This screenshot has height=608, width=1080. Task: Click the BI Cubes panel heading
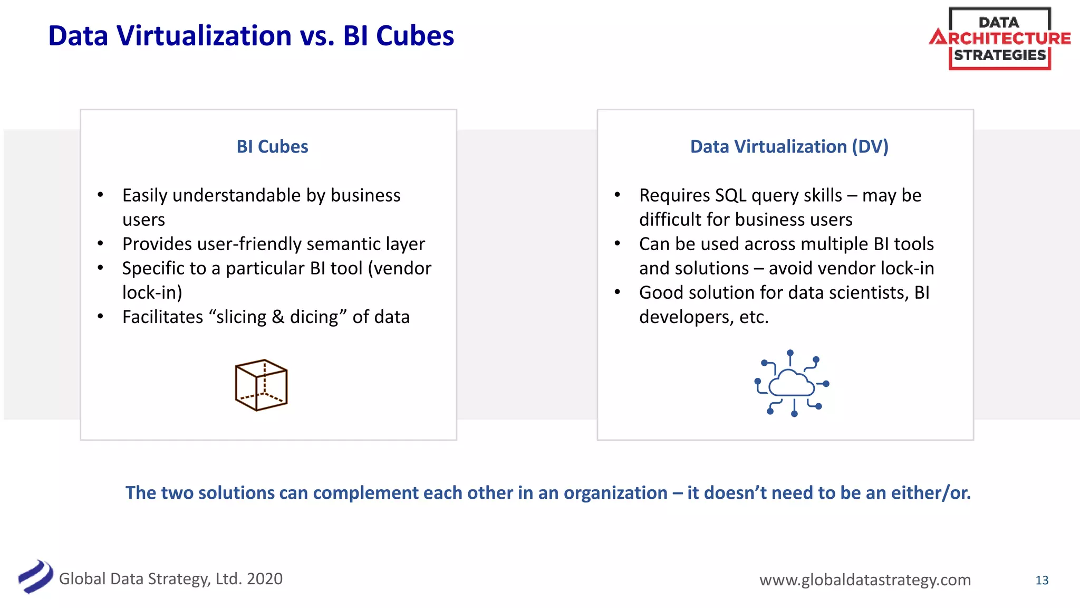pos(272,146)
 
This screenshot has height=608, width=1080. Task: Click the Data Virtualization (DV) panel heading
pos(789,146)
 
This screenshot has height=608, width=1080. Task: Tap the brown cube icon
pos(261,385)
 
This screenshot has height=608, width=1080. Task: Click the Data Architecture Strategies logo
pos(999,39)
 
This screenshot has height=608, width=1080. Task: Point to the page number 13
pos(1042,580)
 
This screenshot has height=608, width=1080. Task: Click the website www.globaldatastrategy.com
pos(865,579)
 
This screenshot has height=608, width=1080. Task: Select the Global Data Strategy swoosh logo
pos(35,576)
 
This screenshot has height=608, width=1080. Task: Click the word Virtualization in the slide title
pos(204,36)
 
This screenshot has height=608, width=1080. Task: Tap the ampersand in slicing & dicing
pos(278,317)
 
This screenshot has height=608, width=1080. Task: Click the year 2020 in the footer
pos(265,578)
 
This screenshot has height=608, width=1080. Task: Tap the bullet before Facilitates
pos(100,317)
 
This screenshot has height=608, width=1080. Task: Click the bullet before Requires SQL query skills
pos(617,195)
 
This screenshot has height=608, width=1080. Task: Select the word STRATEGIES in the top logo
pos(999,55)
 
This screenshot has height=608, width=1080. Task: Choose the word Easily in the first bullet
pos(145,195)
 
